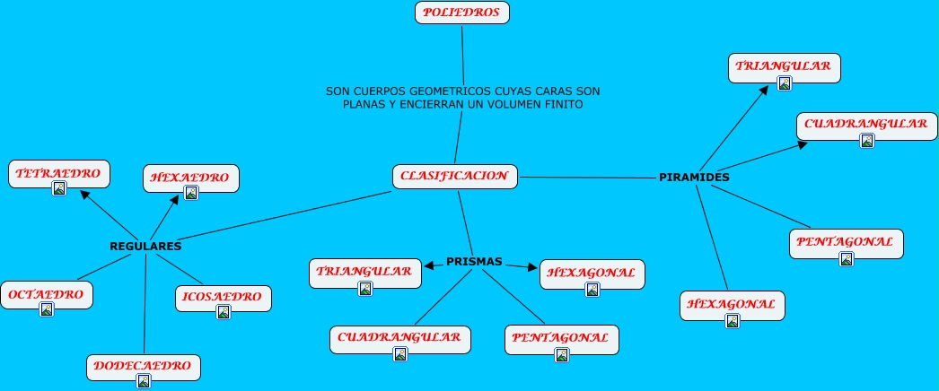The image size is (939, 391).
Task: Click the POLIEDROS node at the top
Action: point(462,13)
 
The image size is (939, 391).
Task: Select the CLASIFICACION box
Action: point(455,177)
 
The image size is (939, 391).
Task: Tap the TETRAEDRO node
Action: point(59,173)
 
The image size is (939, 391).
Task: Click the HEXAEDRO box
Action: point(190,178)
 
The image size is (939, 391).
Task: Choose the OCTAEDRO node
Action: point(47,294)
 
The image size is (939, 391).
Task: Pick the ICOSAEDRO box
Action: point(224,297)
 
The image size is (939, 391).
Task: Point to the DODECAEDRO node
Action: point(144,366)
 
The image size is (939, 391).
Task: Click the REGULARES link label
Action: point(145,246)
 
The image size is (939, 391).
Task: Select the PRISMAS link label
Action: point(474,262)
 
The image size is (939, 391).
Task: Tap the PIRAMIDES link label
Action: point(694,178)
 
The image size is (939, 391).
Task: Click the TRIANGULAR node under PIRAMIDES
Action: point(785,66)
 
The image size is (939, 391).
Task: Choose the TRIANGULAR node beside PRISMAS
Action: point(364,272)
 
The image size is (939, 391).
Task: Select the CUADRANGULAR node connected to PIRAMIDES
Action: point(866,125)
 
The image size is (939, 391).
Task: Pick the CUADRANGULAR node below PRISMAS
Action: point(400,338)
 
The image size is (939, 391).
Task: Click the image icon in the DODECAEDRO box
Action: point(144,381)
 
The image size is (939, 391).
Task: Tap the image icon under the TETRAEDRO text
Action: point(59,188)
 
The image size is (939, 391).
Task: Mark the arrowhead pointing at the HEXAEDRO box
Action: point(175,199)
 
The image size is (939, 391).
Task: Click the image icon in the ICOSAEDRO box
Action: point(224,312)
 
